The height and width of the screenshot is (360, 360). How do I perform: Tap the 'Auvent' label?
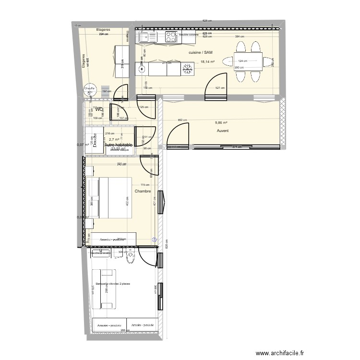222,131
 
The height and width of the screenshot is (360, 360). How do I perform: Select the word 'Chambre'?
143,191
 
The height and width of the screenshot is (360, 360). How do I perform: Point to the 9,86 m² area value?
222,123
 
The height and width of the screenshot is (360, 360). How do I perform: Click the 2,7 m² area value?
113,140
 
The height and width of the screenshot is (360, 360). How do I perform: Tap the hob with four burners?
171,36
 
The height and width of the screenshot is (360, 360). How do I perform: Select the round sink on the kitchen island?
141,70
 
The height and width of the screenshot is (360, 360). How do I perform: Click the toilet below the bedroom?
130,259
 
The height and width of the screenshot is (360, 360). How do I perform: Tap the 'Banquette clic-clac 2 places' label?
113,284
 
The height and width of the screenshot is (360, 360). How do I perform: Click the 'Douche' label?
95,140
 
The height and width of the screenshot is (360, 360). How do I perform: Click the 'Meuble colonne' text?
188,35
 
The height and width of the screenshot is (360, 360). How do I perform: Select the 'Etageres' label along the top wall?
103,29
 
